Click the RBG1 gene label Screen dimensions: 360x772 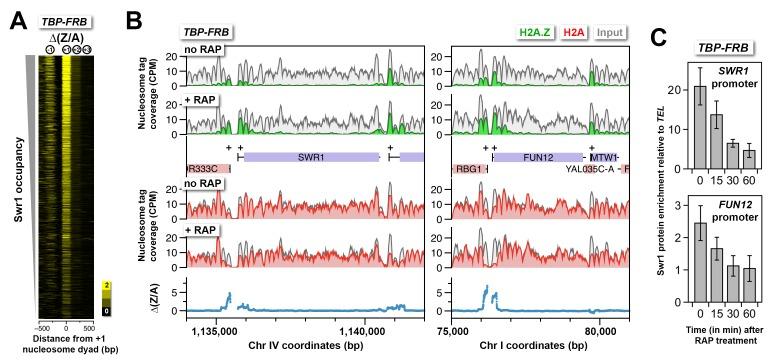[x=468, y=170]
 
